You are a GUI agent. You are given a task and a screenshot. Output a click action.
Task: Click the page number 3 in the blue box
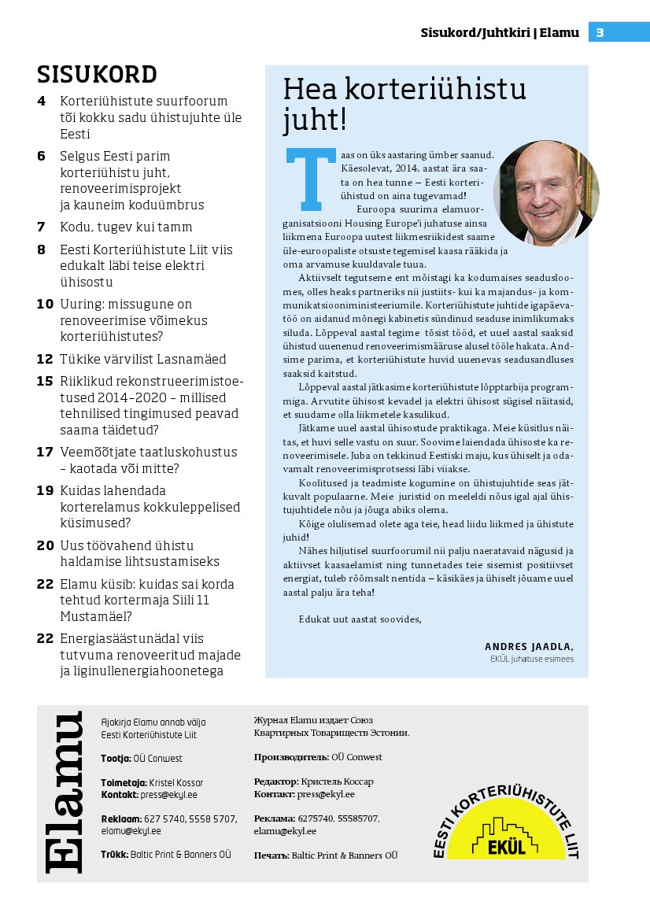(600, 32)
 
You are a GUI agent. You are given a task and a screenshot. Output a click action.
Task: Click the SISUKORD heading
(97, 74)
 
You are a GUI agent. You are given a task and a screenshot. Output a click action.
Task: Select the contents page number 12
(44, 359)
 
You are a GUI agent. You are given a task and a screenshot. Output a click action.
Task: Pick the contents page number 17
(44, 452)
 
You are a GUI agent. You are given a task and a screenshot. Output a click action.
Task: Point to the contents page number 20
(44, 545)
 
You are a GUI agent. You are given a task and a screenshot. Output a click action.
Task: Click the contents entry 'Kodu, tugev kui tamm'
(126, 227)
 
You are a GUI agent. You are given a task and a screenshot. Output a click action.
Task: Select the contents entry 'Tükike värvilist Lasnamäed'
(142, 359)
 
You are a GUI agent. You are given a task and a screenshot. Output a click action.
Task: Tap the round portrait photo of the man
(546, 194)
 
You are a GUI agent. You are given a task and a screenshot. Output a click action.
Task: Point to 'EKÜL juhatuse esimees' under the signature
(531, 659)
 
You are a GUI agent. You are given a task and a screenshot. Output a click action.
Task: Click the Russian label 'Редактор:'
(275, 781)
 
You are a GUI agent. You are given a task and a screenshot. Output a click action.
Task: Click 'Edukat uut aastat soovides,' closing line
(360, 619)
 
